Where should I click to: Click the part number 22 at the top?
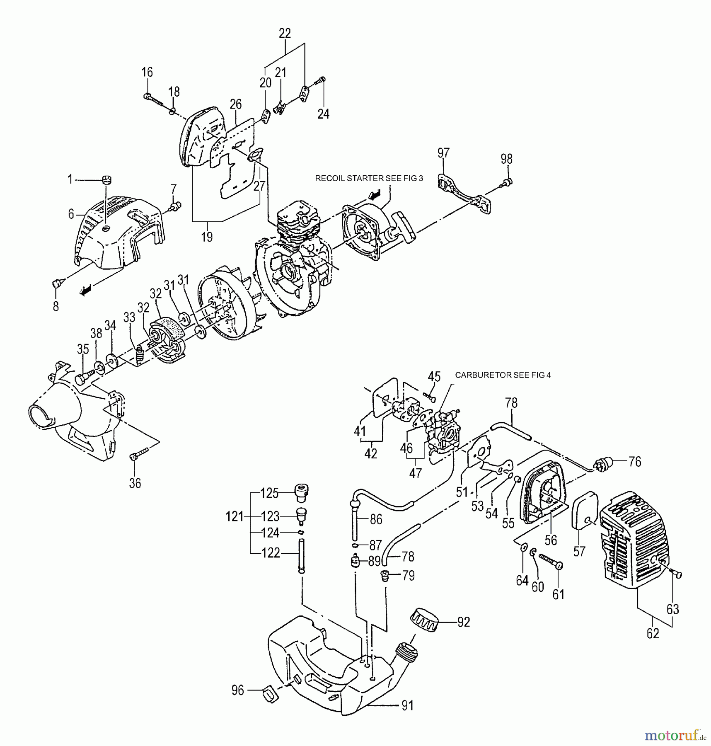(x=285, y=34)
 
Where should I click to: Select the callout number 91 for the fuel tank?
(x=408, y=705)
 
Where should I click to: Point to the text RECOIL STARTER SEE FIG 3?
(x=369, y=179)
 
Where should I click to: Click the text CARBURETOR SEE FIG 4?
(x=503, y=375)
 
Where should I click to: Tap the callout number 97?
(x=443, y=153)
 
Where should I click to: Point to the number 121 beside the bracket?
(x=235, y=516)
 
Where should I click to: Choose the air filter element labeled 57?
(x=585, y=511)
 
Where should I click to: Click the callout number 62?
(x=653, y=634)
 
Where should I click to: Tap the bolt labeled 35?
(x=84, y=377)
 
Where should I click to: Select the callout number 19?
(x=207, y=237)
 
